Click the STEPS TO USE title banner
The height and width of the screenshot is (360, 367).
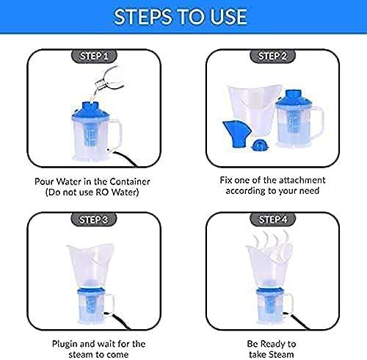[183, 16]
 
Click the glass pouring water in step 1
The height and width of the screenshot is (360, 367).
[110, 77]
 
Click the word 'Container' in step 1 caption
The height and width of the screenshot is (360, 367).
[128, 181]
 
